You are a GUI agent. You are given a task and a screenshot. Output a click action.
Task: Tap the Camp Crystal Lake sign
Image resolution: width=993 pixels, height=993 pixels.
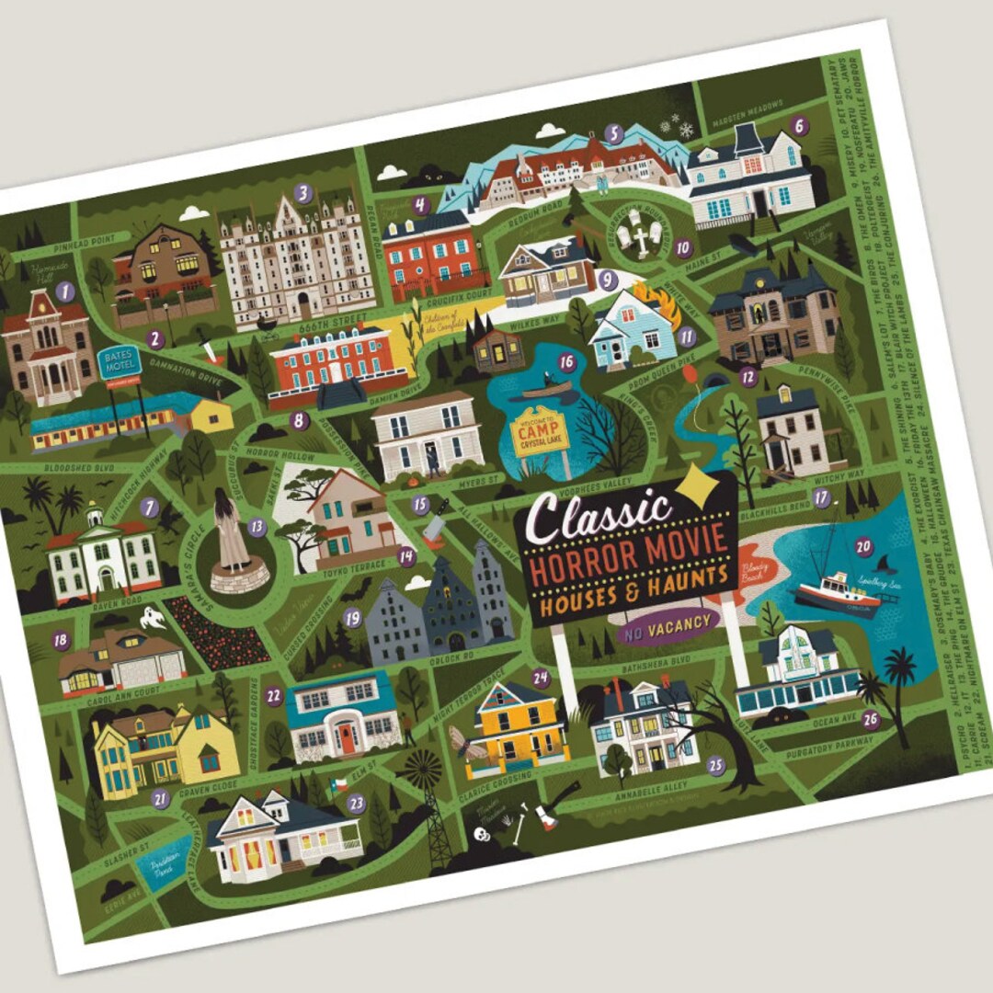click(541, 435)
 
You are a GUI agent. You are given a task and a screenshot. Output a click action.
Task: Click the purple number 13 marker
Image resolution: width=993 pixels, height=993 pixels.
click(257, 528)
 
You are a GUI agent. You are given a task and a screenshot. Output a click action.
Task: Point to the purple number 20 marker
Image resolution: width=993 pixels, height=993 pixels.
click(862, 546)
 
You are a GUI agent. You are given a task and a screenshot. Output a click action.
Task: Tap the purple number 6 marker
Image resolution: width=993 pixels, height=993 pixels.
click(798, 126)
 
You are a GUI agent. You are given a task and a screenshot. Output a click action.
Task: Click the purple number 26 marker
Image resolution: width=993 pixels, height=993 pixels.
click(870, 720)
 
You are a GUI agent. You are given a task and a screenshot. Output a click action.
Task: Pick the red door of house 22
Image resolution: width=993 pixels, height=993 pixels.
click(346, 735)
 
